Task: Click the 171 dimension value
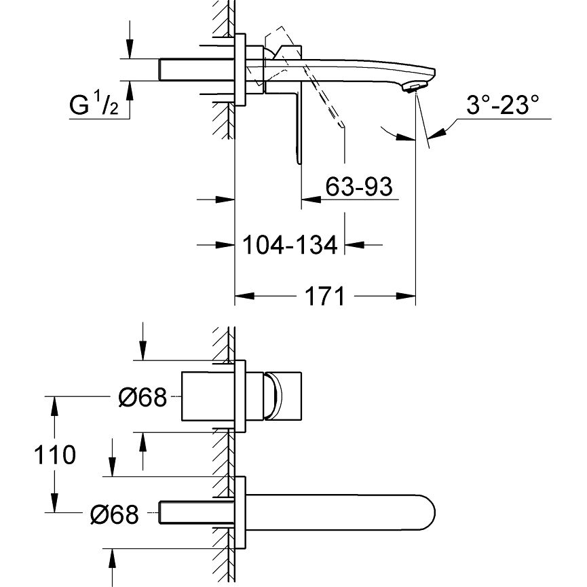[325, 296]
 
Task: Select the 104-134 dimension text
[290, 245]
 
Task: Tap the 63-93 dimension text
[359, 187]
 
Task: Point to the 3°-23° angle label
[502, 105]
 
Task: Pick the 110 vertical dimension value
[55, 455]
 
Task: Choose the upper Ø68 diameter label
[143, 397]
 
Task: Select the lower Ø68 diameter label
[115, 514]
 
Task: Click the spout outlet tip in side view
[413, 88]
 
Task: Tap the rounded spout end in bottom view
[427, 513]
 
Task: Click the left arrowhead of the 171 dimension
[245, 296]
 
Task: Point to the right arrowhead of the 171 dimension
[406, 296]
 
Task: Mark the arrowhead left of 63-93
[311, 199]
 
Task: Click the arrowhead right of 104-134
[354, 245]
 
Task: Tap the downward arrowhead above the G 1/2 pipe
[130, 49]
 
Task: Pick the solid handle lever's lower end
[299, 160]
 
